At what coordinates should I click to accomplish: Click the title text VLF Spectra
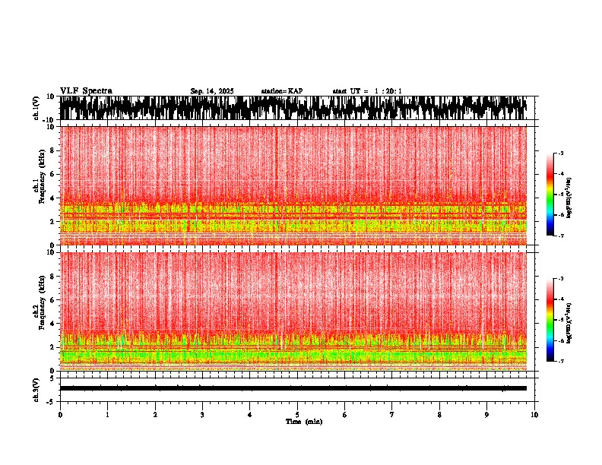[x=86, y=90]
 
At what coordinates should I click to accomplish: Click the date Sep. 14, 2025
[x=212, y=91]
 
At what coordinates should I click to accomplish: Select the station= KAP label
[x=281, y=91]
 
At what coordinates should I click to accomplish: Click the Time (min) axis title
[x=303, y=421]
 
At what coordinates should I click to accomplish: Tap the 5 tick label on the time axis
[x=297, y=414]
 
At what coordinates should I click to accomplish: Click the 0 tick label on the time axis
[x=60, y=414]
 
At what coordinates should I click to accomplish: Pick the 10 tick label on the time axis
[x=534, y=414]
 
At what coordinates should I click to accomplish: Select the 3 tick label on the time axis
[x=202, y=414]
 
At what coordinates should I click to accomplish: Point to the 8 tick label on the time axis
[x=439, y=414]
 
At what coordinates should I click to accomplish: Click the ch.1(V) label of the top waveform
[x=36, y=108]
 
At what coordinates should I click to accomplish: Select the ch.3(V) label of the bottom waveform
[x=36, y=388]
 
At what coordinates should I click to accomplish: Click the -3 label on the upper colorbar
[x=562, y=153]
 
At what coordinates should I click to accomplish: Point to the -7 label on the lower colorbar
[x=562, y=362]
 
